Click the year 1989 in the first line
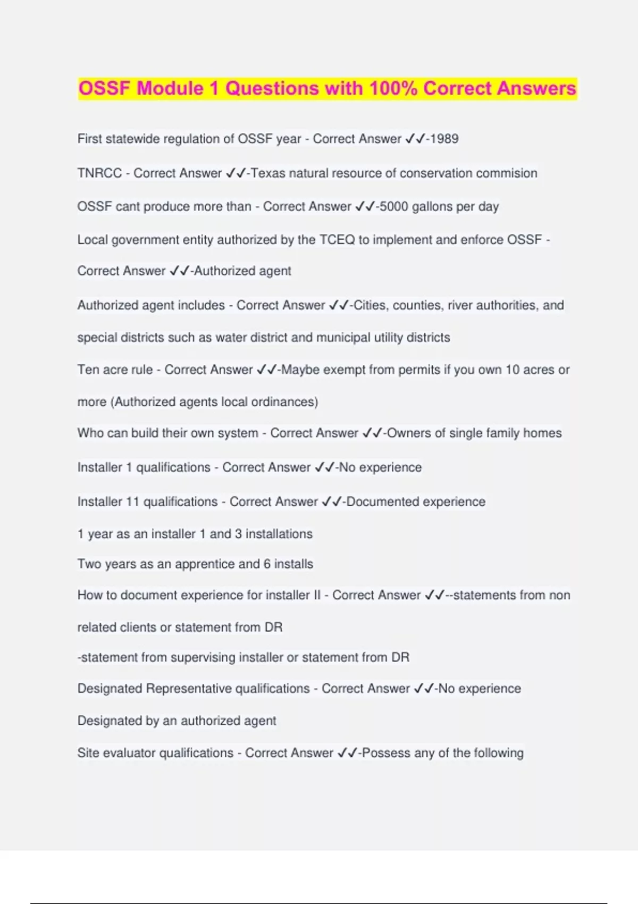click(x=444, y=139)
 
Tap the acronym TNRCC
click(x=99, y=173)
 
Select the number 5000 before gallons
click(x=394, y=206)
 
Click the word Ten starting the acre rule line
click(x=88, y=370)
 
